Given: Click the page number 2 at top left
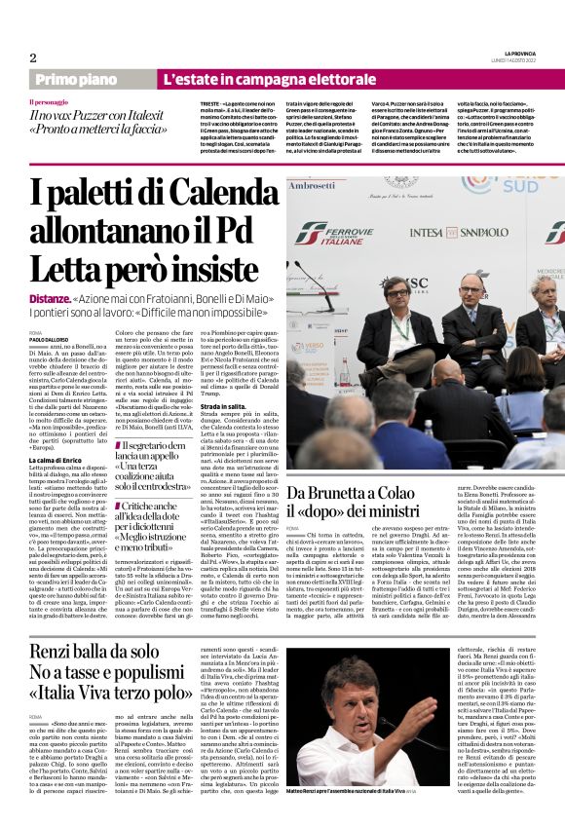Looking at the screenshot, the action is click(x=32, y=57).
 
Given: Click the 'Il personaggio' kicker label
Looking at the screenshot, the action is click(x=49, y=102).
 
